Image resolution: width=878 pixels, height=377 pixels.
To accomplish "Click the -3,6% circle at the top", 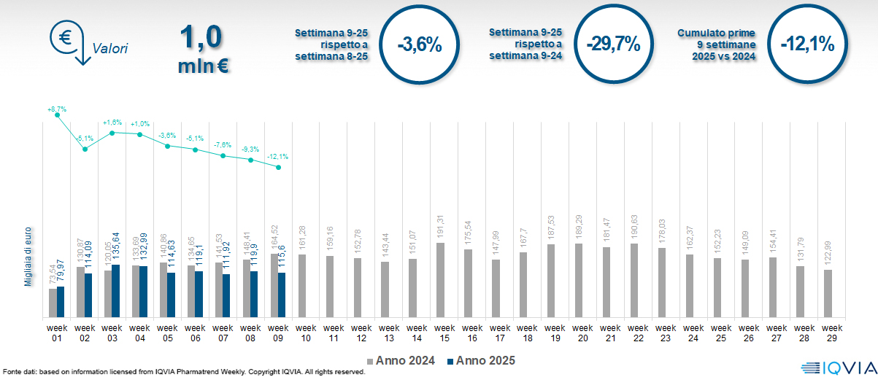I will (420, 44).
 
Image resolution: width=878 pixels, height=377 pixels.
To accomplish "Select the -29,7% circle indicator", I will (613, 44).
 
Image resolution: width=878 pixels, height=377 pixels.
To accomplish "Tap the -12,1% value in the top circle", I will (806, 44).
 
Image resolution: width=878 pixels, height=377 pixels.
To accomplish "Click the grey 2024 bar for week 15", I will (441, 280).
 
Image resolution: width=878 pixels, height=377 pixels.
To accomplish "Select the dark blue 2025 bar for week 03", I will (115, 291).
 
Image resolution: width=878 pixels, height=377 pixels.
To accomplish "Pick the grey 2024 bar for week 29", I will (828, 293).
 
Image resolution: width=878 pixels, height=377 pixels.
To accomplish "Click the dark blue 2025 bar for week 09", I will (282, 295).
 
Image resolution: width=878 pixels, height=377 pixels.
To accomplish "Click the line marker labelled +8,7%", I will (58, 115).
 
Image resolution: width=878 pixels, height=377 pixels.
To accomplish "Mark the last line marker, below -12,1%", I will (279, 167).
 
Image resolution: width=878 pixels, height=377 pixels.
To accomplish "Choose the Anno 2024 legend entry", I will (403, 360).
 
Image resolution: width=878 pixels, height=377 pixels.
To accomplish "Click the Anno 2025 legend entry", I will (482, 360).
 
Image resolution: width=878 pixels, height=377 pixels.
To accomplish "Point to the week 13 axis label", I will (389, 333).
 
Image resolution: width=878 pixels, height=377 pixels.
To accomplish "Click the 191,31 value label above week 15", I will (441, 226).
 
